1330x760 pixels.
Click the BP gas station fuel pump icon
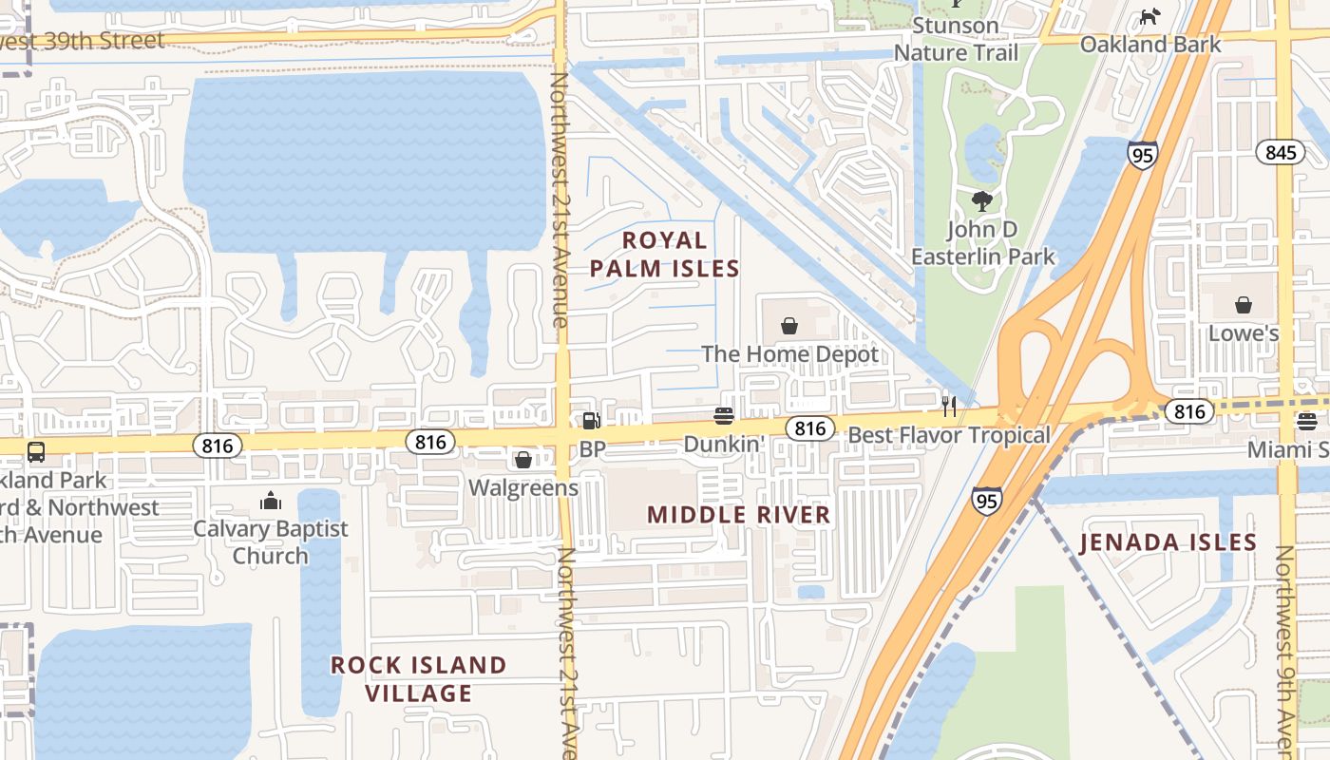[x=591, y=420]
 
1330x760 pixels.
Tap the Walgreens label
[x=523, y=487]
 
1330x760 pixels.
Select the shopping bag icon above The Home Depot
[x=789, y=326]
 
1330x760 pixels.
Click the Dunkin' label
[x=722, y=444]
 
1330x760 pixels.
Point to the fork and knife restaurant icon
[x=948, y=407]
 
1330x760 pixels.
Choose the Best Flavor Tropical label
[x=949, y=435]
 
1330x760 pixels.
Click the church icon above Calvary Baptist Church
[x=271, y=500]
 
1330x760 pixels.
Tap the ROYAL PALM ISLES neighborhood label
[x=664, y=254]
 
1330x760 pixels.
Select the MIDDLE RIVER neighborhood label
[x=739, y=515]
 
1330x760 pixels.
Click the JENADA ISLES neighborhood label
[x=1168, y=542]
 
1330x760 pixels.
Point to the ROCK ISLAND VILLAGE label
[x=419, y=678]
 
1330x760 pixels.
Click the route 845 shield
[x=1280, y=152]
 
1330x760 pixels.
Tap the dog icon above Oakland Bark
[x=1150, y=16]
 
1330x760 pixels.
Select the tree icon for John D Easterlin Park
[x=982, y=200]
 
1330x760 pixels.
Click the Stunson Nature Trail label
[x=956, y=39]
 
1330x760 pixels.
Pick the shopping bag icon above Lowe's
[x=1243, y=305]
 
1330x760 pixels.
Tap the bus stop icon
[x=36, y=451]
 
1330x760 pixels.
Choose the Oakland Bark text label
[x=1150, y=44]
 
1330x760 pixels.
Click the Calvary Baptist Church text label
[x=271, y=541]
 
